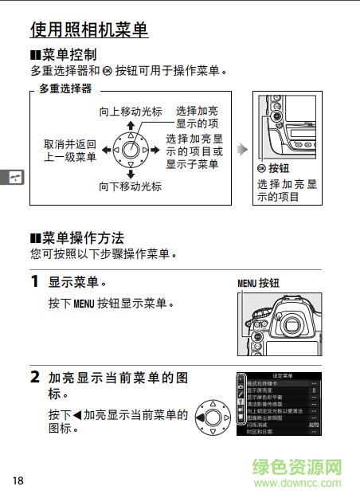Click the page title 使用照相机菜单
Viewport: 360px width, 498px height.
(88, 30)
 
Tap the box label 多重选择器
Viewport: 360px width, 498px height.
(65, 88)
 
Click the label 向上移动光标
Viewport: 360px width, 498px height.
(130, 112)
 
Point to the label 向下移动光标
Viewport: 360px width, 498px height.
(130, 186)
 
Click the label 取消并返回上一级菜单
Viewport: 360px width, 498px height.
(70, 151)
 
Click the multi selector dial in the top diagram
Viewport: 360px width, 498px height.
(131, 149)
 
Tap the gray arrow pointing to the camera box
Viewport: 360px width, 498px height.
(242, 149)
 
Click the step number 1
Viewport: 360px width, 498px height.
(35, 282)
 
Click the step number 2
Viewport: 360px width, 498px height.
(35, 376)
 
